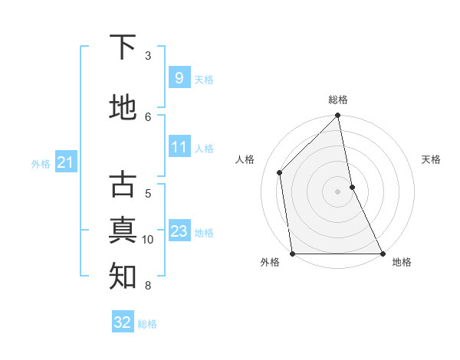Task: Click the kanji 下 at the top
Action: click(x=123, y=47)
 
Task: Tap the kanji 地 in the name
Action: click(x=123, y=108)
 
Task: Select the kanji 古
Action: click(x=123, y=185)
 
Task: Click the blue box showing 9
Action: click(x=179, y=78)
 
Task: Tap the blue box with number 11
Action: click(x=179, y=147)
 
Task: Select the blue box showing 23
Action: click(x=179, y=231)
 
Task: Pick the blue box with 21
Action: click(x=65, y=162)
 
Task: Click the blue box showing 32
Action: click(x=123, y=322)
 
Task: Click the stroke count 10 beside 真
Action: click(x=148, y=240)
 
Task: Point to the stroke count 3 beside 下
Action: click(x=148, y=55)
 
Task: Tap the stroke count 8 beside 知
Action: click(x=148, y=286)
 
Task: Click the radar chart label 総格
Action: click(x=338, y=100)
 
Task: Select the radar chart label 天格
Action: click(x=431, y=159)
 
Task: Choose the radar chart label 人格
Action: click(x=245, y=159)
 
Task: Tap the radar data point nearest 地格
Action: click(x=382, y=253)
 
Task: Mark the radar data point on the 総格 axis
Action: click(x=338, y=116)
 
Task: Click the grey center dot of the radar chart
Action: click(x=338, y=191)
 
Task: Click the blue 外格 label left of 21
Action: click(x=41, y=163)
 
